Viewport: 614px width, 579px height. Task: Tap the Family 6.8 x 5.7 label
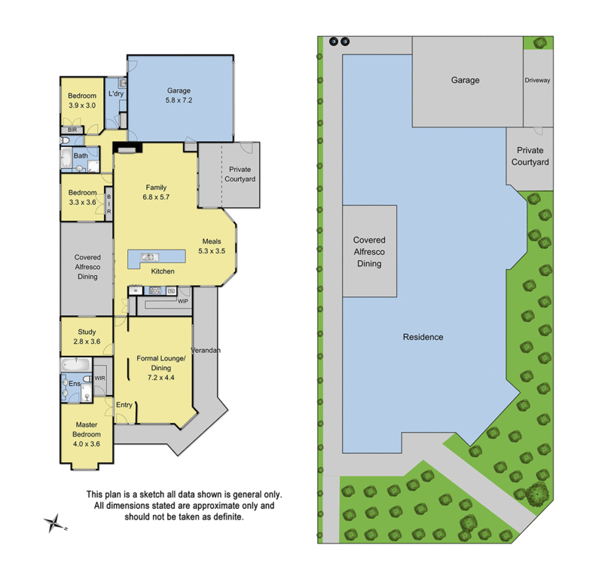tap(156, 192)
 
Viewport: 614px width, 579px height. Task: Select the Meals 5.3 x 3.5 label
tap(212, 245)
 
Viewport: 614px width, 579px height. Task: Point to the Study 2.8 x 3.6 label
tap(87, 336)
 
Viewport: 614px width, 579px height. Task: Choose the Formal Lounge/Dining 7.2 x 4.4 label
tap(161, 366)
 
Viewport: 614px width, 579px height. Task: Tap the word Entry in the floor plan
tap(124, 405)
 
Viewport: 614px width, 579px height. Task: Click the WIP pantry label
tap(182, 301)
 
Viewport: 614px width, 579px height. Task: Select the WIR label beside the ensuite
tap(100, 378)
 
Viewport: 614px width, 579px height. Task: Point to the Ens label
tap(74, 384)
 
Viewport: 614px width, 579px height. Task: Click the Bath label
tap(81, 156)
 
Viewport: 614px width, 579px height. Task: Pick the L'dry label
tap(115, 93)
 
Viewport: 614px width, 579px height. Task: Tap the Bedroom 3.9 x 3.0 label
tap(82, 100)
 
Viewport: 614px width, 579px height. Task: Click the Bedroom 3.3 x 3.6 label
tap(82, 197)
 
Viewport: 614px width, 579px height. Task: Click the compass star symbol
tap(53, 521)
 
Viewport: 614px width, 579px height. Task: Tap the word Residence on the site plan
tap(422, 337)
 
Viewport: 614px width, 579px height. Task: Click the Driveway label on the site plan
tap(538, 80)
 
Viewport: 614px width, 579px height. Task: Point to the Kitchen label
tap(163, 271)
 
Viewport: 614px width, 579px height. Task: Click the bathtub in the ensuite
tap(76, 365)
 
